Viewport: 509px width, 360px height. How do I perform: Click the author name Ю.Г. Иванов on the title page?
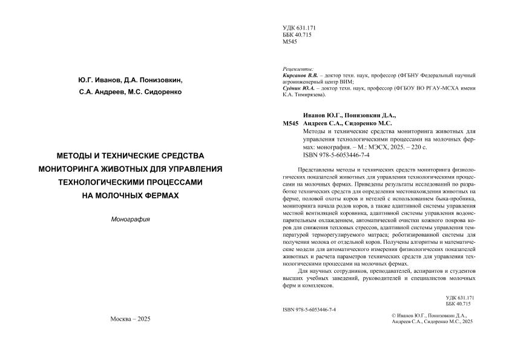pos(99,80)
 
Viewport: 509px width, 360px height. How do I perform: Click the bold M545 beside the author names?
pos(290,123)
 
